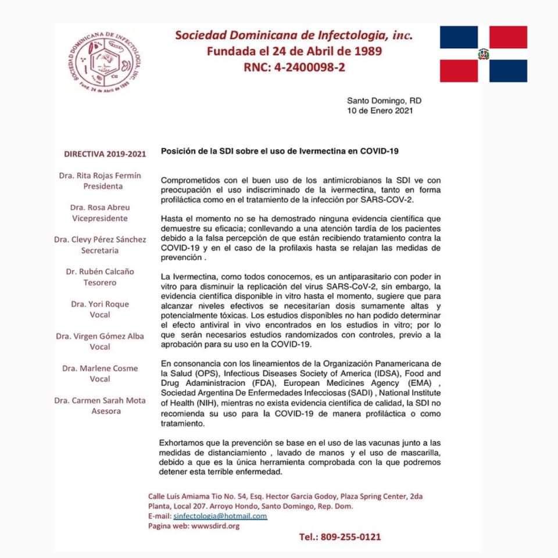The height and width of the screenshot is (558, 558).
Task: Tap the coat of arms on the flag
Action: coord(483,54)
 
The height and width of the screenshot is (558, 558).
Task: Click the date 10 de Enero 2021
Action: coord(380,110)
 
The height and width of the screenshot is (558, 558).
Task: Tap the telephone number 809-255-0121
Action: coord(340,536)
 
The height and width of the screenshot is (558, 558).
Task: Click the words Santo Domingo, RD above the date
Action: coord(384,100)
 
